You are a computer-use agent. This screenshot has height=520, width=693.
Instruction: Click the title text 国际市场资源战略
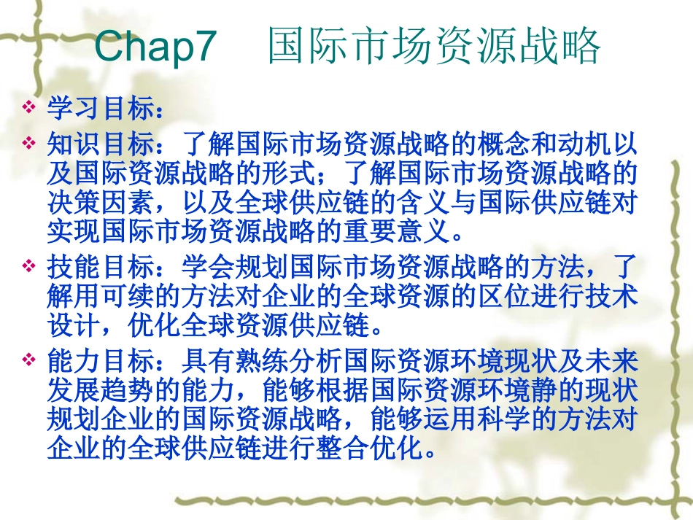click(x=434, y=47)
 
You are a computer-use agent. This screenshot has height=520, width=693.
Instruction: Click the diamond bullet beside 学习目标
click(x=29, y=109)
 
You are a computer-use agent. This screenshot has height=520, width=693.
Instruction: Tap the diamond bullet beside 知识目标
click(x=29, y=141)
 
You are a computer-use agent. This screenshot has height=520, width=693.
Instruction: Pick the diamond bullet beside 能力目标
click(x=29, y=360)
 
